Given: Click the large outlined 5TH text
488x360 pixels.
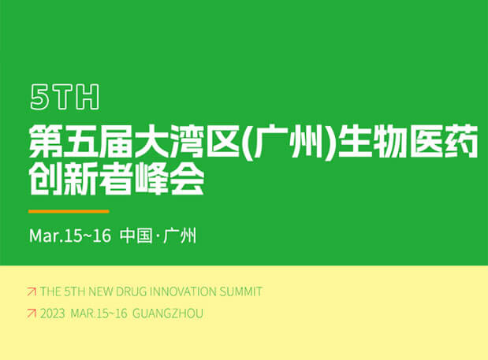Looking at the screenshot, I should [65, 97].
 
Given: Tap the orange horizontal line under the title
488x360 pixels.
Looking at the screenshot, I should [69, 211].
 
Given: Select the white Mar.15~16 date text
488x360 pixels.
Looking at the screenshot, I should [70, 235].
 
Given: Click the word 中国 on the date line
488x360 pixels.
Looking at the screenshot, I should [135, 235].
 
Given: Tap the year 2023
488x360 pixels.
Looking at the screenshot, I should [52, 314].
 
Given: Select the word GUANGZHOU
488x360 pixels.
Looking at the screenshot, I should [169, 314].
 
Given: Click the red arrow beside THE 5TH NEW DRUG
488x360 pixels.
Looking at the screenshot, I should [32, 291].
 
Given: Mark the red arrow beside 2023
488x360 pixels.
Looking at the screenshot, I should [32, 314].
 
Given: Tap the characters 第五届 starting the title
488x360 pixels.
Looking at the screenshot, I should [74, 145].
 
